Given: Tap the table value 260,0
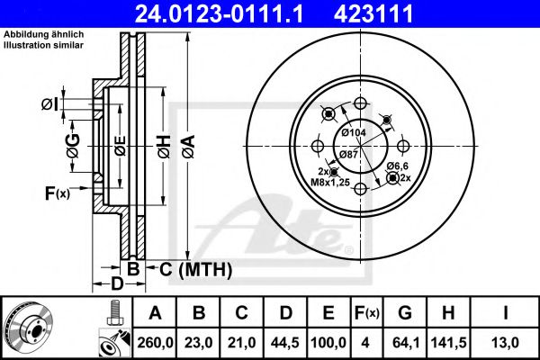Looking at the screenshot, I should click(x=155, y=342).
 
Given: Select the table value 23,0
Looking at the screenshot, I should click(x=201, y=342).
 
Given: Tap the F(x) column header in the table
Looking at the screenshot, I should click(x=366, y=313).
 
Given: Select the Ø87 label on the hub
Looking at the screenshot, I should click(x=349, y=155).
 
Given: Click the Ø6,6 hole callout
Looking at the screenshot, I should click(x=399, y=167).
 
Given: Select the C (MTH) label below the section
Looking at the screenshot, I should click(x=196, y=269).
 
